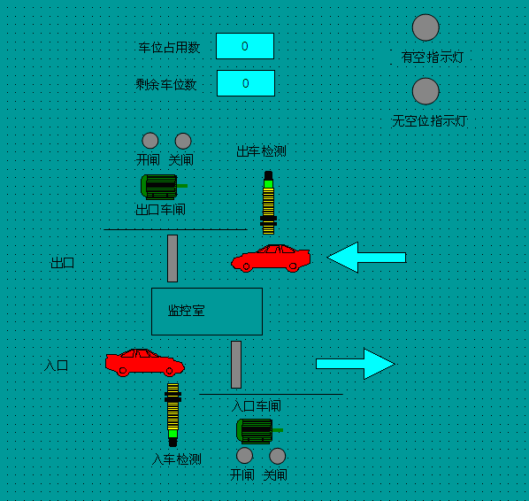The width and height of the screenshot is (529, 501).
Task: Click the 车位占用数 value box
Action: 245,46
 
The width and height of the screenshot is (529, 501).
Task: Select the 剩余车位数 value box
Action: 246,83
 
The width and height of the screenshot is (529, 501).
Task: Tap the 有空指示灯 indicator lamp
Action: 425,27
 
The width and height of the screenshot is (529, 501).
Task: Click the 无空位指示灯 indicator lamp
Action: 425,91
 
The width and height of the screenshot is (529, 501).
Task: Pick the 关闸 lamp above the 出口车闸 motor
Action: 183,141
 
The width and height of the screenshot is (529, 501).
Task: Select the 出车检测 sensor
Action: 269,203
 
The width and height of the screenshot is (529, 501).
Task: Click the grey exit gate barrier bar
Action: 172,258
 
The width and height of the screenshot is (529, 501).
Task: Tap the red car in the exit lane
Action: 271,258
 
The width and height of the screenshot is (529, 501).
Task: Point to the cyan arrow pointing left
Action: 366,258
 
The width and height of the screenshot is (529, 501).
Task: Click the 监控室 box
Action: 207,312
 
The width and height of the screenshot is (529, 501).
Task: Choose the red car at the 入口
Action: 145,362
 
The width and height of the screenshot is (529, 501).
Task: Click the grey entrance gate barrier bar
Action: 236,365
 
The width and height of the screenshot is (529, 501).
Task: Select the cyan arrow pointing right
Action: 356,364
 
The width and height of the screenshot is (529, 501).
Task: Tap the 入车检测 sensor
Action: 172,415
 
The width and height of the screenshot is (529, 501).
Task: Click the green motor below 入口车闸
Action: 259,431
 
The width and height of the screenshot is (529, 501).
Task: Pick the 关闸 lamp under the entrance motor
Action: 277,456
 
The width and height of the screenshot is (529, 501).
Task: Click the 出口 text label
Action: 63,263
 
